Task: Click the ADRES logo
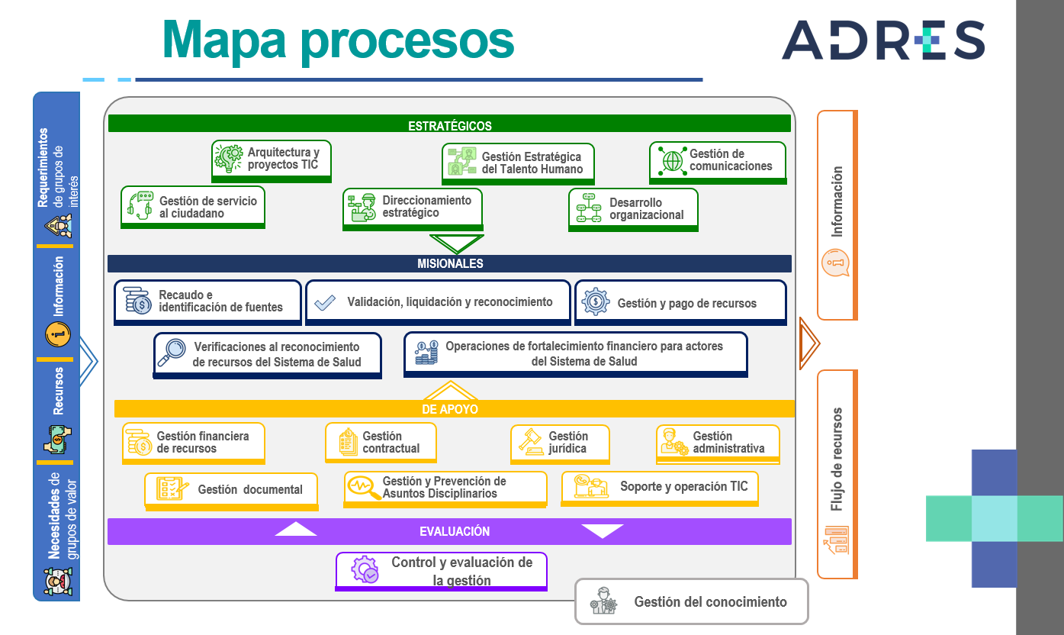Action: [882, 40]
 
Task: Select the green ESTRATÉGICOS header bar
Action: [449, 124]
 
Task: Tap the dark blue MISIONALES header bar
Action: [449, 263]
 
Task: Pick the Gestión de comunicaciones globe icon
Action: [672, 160]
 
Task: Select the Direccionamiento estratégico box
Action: [413, 208]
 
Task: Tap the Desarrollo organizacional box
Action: [633, 209]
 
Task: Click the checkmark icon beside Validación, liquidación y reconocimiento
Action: [325, 302]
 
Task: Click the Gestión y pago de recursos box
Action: [680, 302]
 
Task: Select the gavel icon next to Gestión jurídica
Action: [530, 442]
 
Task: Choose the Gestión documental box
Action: [231, 489]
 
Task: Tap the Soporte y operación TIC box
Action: [660, 487]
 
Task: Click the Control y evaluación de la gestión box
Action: [442, 571]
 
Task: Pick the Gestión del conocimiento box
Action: [691, 601]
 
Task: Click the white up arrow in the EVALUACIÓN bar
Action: [295, 529]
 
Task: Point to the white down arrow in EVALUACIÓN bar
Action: [602, 530]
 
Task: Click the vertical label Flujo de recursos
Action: [837, 459]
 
